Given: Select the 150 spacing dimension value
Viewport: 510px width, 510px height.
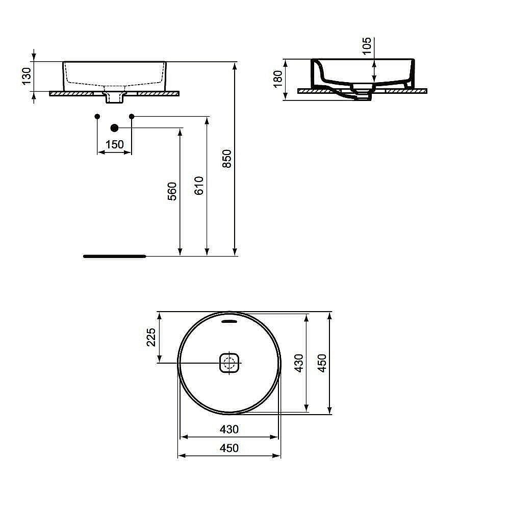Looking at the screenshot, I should point(114,144).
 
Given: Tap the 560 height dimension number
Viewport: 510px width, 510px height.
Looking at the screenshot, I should point(172,191).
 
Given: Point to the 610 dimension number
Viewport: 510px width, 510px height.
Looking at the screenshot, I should point(199,185).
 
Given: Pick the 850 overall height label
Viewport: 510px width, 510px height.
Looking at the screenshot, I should point(227,159).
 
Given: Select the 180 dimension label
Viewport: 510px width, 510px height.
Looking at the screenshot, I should point(278,79).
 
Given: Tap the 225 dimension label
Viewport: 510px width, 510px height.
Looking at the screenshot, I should point(151,337).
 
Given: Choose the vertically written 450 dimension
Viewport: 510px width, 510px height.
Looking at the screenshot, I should point(322,362).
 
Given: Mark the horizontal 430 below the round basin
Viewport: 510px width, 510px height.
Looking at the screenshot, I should point(229,429).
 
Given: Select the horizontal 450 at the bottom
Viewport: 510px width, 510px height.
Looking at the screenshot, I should point(229,448).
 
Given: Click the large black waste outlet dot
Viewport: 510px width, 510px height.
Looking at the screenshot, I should point(114,127).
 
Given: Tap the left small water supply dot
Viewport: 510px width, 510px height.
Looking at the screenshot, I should point(97,117).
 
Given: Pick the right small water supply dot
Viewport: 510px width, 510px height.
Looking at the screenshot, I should point(132,117).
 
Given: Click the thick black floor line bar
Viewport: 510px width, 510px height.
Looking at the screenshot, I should point(115,256).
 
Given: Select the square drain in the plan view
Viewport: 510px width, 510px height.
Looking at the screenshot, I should point(229,363).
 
